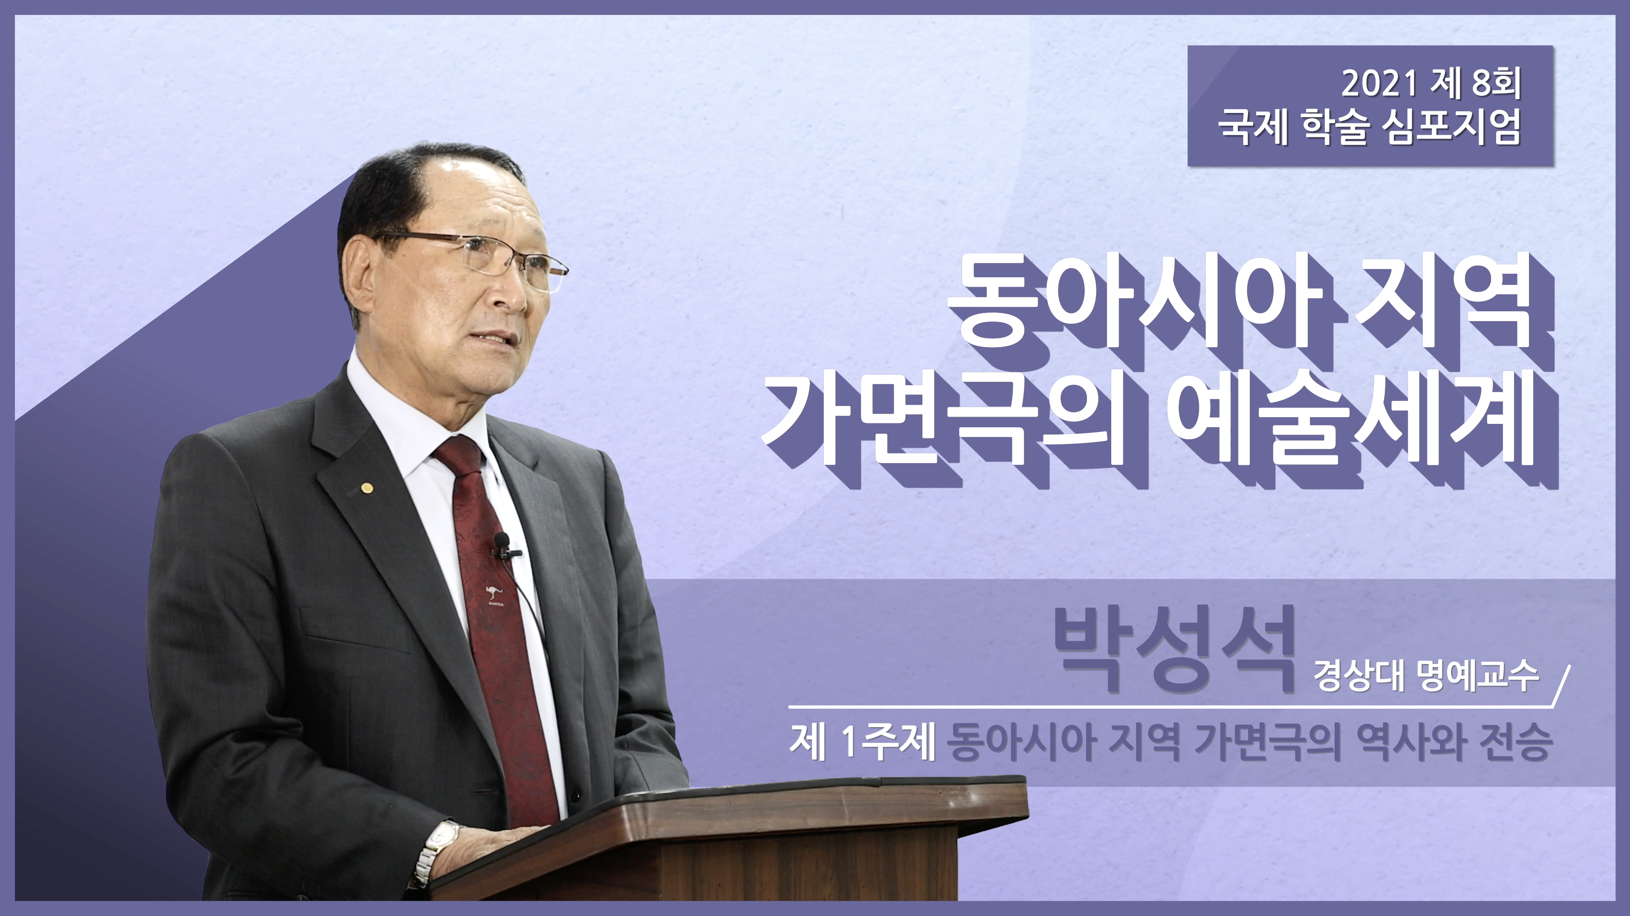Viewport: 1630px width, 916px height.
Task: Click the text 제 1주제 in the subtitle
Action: click(862, 742)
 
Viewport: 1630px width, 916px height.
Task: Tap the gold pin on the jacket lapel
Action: click(365, 487)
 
